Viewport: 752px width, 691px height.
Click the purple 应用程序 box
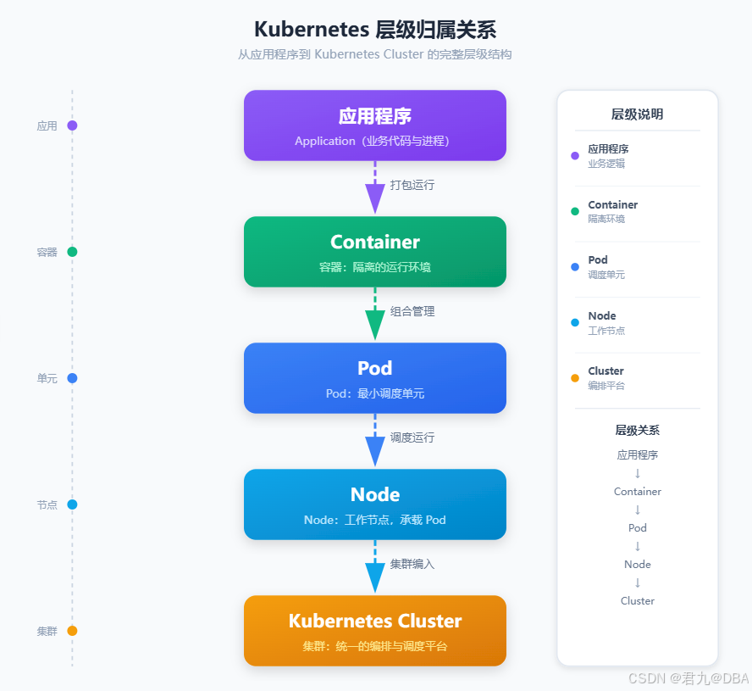(375, 125)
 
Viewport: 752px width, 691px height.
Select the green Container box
(375, 252)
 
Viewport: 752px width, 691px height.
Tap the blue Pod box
(375, 378)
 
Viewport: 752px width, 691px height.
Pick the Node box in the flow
(375, 504)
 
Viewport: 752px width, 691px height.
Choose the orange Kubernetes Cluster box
(375, 631)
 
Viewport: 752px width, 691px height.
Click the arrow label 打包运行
(412, 185)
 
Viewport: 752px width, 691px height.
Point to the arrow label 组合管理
(412, 311)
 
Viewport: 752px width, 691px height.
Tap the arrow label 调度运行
(412, 437)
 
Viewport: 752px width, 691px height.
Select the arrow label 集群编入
(412, 564)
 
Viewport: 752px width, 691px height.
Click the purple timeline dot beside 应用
(73, 125)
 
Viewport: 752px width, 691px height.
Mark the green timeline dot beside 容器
(73, 252)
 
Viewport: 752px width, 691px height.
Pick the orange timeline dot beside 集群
(73, 631)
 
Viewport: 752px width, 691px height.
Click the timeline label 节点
(47, 504)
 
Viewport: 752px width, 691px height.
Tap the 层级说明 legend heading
(638, 114)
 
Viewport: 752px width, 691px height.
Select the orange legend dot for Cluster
(575, 378)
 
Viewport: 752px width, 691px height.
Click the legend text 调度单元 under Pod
(606, 275)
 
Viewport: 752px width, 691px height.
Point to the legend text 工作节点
(606, 331)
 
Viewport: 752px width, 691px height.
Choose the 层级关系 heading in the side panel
(638, 430)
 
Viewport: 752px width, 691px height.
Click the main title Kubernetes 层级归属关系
(375, 30)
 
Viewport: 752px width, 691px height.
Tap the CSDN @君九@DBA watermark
(688, 678)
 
